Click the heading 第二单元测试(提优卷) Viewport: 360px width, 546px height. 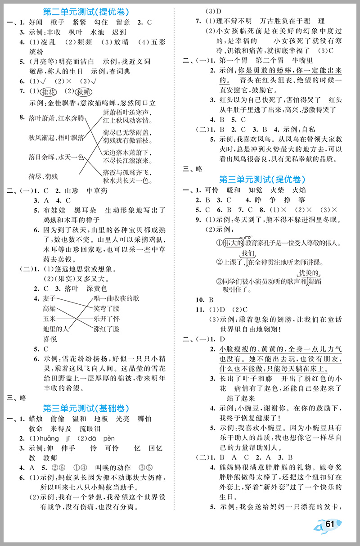pos(90,11)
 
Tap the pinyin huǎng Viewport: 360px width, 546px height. pos(50,438)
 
